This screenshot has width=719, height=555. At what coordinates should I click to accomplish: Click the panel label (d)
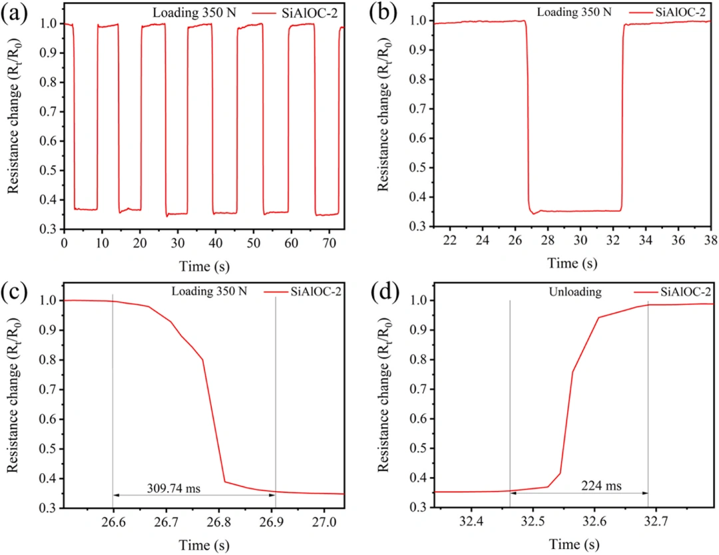[384, 291]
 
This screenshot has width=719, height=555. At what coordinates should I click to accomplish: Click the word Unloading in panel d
[575, 292]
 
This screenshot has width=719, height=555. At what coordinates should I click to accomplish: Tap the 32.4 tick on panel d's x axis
[471, 522]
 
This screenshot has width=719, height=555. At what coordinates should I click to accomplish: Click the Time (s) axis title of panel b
[573, 263]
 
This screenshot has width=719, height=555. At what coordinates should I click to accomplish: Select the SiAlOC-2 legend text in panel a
[310, 13]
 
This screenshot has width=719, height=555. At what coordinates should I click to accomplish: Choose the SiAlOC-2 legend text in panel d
[686, 292]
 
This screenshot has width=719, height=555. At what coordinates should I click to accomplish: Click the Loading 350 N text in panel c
[209, 291]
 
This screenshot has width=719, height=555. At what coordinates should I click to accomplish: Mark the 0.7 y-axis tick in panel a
[49, 112]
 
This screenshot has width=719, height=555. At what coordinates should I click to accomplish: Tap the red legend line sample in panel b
[640, 13]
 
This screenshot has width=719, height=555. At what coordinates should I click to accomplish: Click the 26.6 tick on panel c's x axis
[113, 522]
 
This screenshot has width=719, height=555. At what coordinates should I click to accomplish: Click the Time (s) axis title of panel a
[204, 266]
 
